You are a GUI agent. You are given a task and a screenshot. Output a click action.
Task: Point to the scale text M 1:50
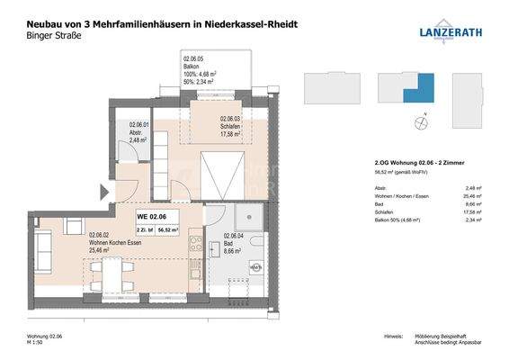click(37, 343)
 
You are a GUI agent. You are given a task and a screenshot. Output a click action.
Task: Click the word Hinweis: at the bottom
click(392, 335)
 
